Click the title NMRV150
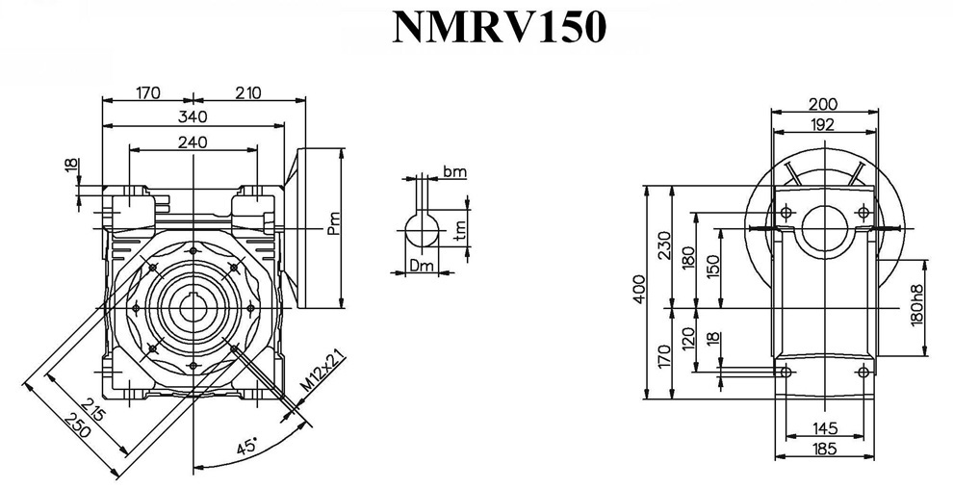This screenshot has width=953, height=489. point(499,28)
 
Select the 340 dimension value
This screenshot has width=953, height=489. point(194,116)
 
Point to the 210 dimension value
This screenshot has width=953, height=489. point(248,92)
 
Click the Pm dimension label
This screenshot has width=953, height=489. point(333,225)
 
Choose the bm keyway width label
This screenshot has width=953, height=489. point(454,171)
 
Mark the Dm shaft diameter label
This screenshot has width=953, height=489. point(421,265)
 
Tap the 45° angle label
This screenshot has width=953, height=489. point(247,447)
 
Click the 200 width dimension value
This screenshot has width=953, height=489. point(822,104)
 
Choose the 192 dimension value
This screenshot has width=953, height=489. point(822,124)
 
